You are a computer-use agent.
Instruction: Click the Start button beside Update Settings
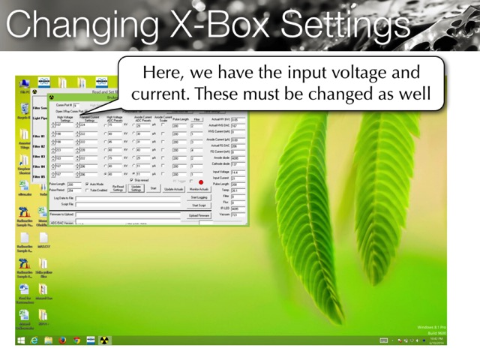[154, 189]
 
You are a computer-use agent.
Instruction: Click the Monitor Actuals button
[199, 189]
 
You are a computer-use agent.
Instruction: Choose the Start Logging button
[199, 197]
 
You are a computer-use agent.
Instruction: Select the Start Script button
[199, 205]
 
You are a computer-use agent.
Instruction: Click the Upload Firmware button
[199, 215]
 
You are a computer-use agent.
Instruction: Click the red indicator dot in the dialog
[201, 181]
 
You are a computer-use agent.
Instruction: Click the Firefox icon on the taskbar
[63, 340]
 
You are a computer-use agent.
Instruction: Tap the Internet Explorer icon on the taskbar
[35, 340]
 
